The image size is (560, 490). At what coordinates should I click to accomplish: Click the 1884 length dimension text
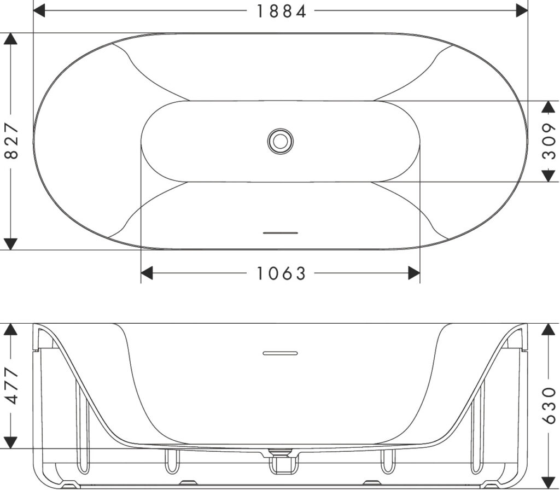coord(282,11)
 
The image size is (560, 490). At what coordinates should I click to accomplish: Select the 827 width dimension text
coord(11,141)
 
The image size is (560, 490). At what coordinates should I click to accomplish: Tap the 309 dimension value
coord(549,141)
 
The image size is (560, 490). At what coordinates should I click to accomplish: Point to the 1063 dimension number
coord(282,273)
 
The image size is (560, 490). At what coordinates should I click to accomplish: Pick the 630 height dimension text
coord(549,406)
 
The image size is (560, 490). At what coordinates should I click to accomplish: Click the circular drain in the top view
coord(281,141)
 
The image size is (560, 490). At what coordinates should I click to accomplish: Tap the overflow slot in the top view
coord(281,233)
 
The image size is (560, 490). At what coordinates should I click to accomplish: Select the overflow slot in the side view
coord(281,353)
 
